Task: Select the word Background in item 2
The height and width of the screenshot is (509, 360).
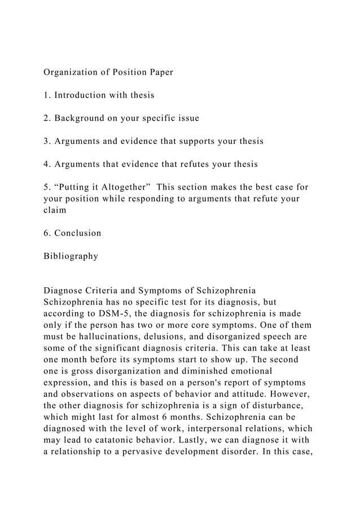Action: click(81, 118)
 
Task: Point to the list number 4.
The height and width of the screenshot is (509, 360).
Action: click(46, 164)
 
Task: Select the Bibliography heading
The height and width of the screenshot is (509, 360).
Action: click(71, 256)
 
